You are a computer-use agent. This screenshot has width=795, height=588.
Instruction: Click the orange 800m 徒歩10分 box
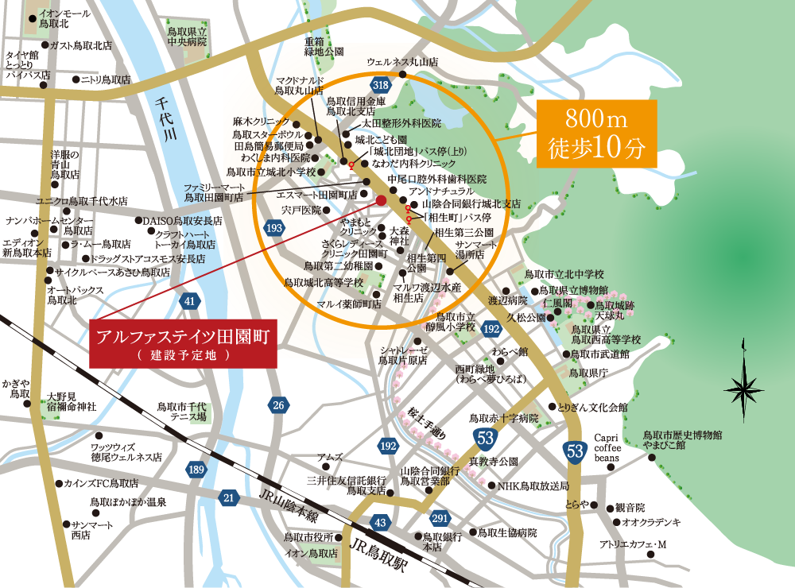(597, 133)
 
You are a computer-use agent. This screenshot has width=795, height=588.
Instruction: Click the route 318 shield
(381, 84)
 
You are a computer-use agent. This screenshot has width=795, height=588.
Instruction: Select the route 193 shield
(275, 229)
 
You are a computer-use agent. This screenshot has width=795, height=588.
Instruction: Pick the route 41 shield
(189, 301)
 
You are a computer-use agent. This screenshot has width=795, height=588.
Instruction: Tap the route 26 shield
(278, 405)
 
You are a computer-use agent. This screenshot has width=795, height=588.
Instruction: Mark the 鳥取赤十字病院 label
(504, 418)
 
